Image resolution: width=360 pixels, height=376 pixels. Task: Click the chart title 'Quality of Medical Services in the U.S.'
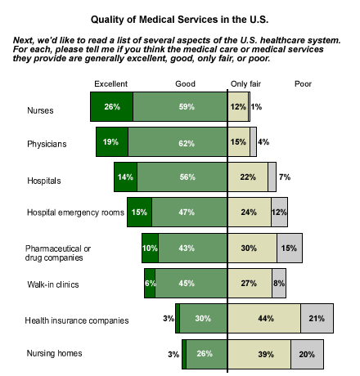179,20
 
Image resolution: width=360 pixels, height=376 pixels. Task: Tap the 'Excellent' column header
110,84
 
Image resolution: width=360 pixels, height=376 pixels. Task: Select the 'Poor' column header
303,84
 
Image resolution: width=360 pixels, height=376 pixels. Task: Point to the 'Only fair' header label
245,84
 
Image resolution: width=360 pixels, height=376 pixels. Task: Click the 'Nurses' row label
40,110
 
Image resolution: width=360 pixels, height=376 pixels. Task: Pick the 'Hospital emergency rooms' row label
75,213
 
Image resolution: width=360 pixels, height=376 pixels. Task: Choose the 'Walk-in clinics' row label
53,284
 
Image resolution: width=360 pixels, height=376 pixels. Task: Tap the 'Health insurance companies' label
77,320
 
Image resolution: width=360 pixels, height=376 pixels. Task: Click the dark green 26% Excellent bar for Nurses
112,106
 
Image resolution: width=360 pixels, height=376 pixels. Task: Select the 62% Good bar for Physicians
178,141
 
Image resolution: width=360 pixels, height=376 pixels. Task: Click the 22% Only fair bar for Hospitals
248,177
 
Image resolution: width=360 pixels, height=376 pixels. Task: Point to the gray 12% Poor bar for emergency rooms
279,212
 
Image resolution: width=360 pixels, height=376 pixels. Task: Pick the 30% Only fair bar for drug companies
252,248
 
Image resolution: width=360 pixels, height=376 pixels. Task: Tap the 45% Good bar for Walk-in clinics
191,283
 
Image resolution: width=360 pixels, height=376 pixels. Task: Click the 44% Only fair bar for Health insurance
264,318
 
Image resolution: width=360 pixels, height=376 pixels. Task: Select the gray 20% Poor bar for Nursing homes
307,354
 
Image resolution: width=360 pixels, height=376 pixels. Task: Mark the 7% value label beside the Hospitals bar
285,177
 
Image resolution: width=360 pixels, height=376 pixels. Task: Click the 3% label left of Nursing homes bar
173,354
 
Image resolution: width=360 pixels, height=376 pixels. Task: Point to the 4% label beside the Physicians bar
263,142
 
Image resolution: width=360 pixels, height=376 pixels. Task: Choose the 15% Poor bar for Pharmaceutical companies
290,248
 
